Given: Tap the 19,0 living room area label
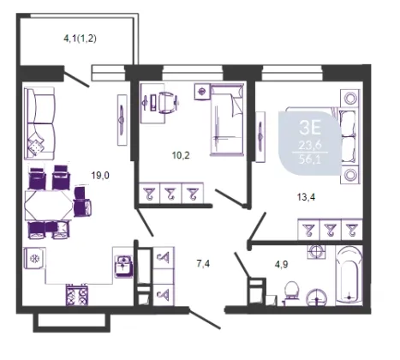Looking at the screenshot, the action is coord(100,176).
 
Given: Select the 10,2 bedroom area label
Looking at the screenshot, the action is coord(181,155).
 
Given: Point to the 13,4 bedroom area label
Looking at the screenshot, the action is coord(306,197).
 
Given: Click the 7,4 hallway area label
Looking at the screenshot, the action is coord(203,264).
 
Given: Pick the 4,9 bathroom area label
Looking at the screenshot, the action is coord(281,264).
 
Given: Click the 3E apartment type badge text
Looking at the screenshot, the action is coord(310,128).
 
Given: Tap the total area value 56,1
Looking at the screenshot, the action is coord(310,159).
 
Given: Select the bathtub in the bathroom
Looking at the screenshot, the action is coord(349,275).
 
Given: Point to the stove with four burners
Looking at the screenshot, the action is coord(77,295).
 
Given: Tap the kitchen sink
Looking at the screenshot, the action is coord(123,266).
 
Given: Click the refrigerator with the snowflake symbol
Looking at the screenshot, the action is coord(35,258).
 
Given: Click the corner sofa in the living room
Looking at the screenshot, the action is coord(39,123).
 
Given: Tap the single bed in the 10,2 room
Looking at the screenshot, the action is coord(227,119).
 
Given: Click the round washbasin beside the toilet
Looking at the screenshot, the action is coord(317,297).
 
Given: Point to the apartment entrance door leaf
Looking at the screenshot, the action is coord(205,319).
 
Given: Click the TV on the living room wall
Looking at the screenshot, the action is coord(122,119).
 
